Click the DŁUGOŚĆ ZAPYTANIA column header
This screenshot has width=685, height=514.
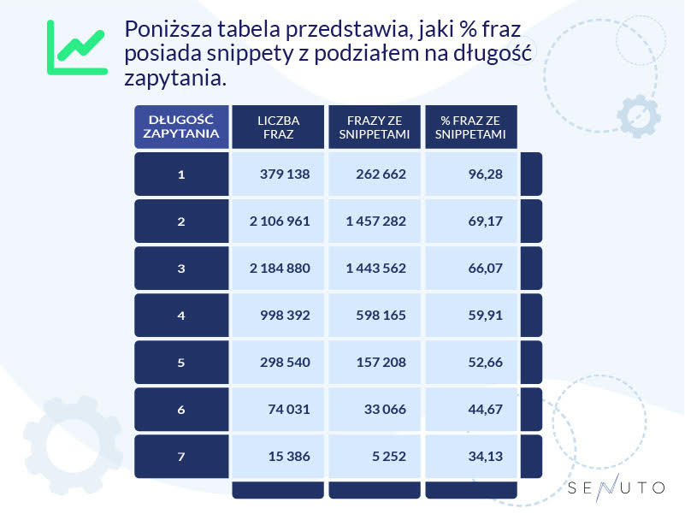tap(181, 127)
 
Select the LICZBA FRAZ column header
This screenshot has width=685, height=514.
tap(278, 127)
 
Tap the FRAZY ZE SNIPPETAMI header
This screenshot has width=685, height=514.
tap(375, 127)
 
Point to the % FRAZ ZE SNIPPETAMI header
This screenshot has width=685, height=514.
tap(470, 127)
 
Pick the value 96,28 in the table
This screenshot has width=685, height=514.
tap(482, 174)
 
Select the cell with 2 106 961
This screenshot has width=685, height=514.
tap(279, 222)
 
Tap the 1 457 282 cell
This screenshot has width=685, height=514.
tap(375, 222)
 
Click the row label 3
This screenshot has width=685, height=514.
tap(181, 269)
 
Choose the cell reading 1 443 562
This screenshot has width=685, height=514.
tap(375, 269)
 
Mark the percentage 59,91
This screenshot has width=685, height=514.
tap(482, 316)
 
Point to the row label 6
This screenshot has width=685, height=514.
tap(181, 410)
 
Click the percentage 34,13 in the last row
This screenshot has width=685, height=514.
tap(482, 457)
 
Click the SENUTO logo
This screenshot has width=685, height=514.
tap(616, 488)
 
